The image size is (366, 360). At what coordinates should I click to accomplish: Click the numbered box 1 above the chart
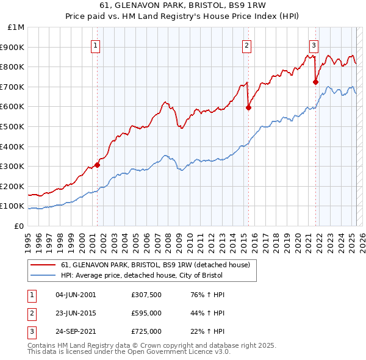pos(96,45)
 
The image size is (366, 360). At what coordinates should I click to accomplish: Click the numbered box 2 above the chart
pos(246,45)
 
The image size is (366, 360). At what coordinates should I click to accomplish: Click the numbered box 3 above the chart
pos(314,45)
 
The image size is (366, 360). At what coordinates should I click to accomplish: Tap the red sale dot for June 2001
pos(97,165)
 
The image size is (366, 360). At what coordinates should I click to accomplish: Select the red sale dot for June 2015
pos(248,107)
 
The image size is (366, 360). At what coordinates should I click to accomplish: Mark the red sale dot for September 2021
pos(316,82)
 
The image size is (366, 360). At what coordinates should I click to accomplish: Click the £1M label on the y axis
pos(16,27)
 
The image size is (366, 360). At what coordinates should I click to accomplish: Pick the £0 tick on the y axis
pos(19,226)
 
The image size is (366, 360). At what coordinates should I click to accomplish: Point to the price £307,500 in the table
pos(146,295)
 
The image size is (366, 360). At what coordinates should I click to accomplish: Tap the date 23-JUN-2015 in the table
pos(76,313)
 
